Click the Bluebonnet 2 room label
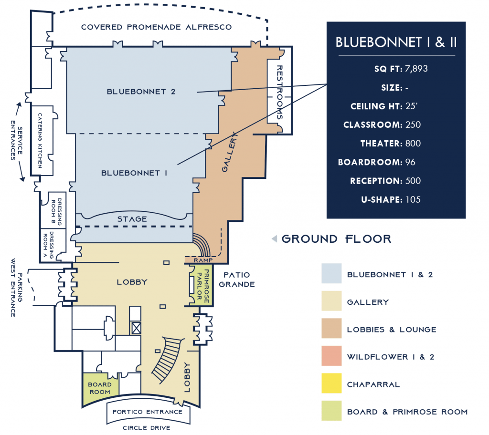(135, 92)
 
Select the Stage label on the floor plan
(132, 219)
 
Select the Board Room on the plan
(100, 388)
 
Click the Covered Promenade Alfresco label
(156, 27)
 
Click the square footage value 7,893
(416, 69)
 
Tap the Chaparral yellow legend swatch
(331, 383)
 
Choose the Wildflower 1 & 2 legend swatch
(331, 356)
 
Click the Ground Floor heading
(336, 239)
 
